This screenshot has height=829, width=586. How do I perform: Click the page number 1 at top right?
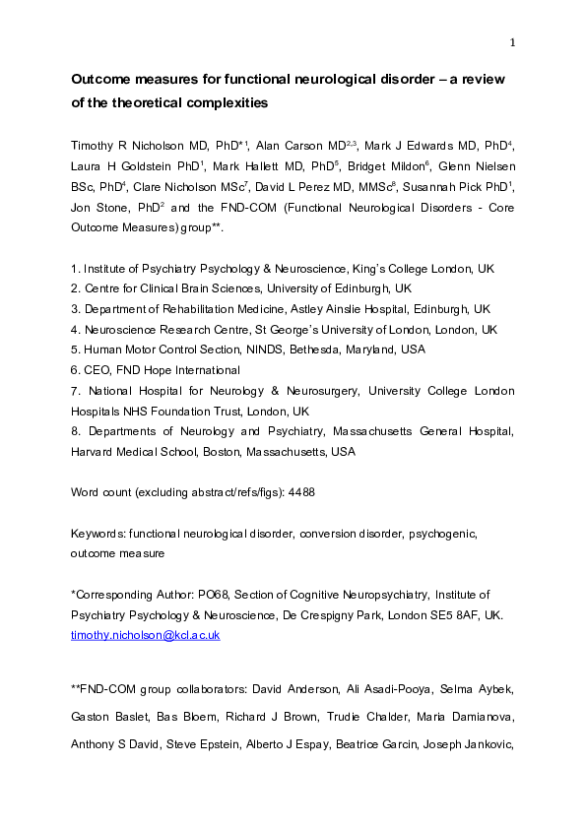click(x=513, y=41)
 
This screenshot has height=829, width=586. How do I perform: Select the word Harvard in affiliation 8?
click(x=93, y=452)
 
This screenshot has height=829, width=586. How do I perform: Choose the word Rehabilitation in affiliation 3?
click(x=187, y=308)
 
